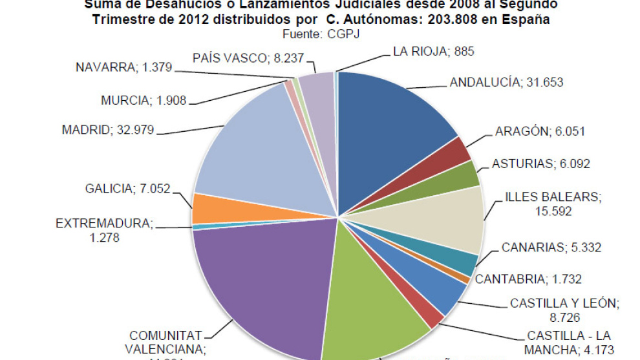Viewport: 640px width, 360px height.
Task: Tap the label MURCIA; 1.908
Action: pyautogui.click(x=144, y=101)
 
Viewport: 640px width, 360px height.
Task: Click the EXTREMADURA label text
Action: pyautogui.click(x=104, y=224)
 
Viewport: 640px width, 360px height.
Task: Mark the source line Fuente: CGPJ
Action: pyautogui.click(x=321, y=34)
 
